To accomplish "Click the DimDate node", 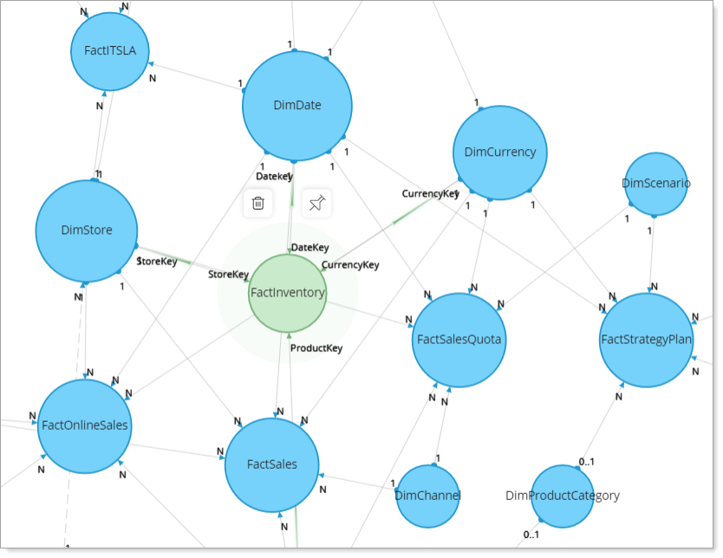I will [x=297, y=106].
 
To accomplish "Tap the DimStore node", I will [x=86, y=230].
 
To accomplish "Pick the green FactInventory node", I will [x=287, y=293].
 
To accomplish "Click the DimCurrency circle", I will [x=499, y=152].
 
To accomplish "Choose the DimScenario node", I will [x=656, y=184].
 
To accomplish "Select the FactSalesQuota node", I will [x=458, y=340].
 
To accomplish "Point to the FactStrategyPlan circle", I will [x=647, y=340].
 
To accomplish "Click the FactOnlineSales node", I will [x=85, y=425].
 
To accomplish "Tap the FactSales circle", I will [x=271, y=464].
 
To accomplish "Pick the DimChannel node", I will [x=427, y=496].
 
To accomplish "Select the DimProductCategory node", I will [x=562, y=496].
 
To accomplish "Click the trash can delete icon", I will [x=257, y=204].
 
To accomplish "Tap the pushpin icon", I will [x=316, y=204].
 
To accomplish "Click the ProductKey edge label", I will [x=316, y=348].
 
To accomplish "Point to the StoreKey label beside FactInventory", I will [x=228, y=275].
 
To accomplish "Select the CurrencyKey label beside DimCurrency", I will [x=429, y=194].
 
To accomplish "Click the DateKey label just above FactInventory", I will [x=309, y=248].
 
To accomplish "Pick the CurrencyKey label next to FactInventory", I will [x=350, y=265].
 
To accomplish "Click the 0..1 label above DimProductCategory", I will [x=587, y=462].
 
